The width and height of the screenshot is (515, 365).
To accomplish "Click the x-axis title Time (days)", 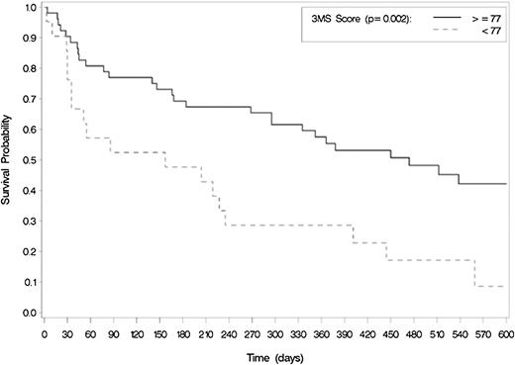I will click(x=275, y=353).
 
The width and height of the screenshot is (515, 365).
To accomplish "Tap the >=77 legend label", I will click(x=483, y=18).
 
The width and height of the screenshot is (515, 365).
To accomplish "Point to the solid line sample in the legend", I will click(x=439, y=18).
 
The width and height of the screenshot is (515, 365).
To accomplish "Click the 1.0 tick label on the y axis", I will click(x=30, y=8).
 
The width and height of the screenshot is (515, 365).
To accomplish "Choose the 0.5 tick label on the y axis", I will click(x=30, y=160).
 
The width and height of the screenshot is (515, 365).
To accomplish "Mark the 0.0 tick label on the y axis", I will click(x=30, y=313).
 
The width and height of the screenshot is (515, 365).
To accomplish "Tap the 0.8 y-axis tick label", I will click(x=30, y=69).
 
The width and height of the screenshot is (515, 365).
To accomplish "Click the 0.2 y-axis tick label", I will click(x=30, y=252).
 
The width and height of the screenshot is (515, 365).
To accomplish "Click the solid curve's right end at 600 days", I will click(x=505, y=184).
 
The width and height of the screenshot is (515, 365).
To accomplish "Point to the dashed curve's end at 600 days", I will click(x=505, y=286).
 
